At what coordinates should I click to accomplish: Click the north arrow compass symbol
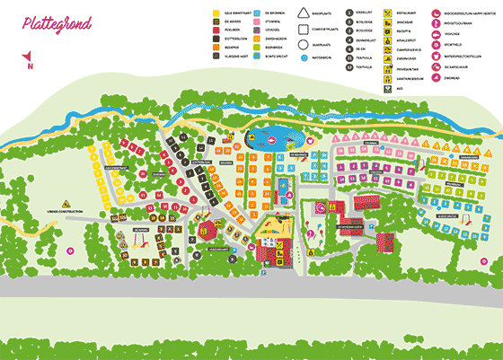pyautogui.click(x=29, y=61)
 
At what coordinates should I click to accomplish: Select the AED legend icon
pyautogui.click(x=388, y=89)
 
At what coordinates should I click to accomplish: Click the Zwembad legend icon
pyautogui.click(x=436, y=78)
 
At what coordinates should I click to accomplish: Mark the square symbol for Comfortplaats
pyautogui.click(x=302, y=29)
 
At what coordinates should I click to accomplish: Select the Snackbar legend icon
pyautogui.click(x=388, y=23)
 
